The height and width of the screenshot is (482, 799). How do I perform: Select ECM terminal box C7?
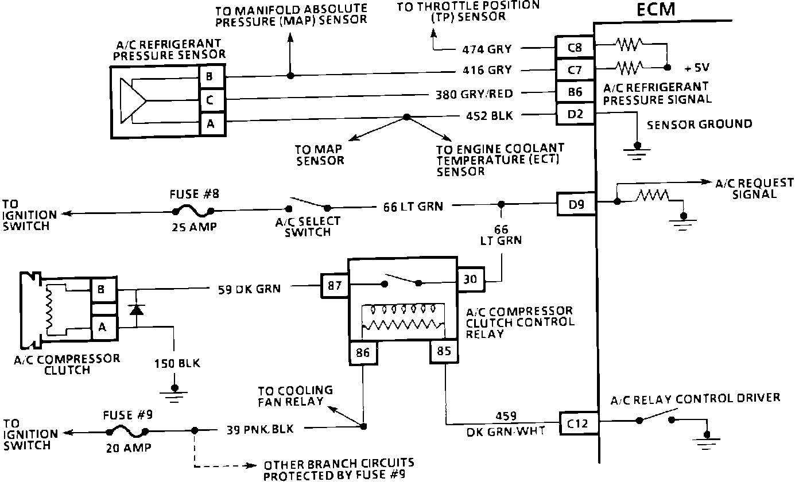coord(575,69)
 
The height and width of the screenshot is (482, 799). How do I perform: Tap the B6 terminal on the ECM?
coord(575,92)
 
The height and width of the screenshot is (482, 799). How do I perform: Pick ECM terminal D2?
coord(575,114)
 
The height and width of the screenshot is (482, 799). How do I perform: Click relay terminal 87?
coord(335,285)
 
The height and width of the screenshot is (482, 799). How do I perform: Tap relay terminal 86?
coord(363,352)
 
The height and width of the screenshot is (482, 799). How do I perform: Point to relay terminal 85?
coord(445,350)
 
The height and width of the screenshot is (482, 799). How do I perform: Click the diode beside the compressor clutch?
coord(136,310)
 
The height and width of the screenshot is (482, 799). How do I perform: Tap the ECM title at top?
coord(657,10)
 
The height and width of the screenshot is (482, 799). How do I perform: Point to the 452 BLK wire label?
coord(489,116)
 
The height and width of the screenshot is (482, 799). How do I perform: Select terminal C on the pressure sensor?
coord(210,100)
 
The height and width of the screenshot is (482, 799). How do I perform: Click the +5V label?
coord(697,68)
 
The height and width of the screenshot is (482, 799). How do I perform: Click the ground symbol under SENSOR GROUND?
coord(637,150)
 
